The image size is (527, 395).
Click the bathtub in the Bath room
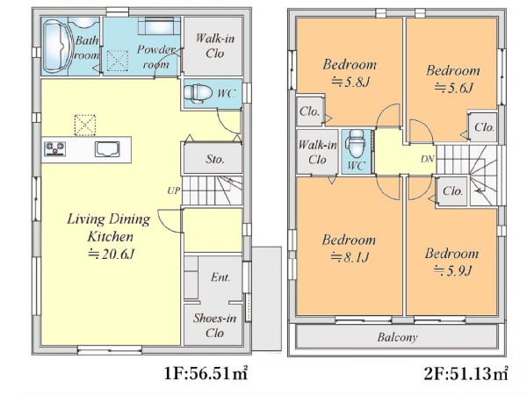(55, 46)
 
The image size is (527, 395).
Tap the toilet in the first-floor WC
(199, 93)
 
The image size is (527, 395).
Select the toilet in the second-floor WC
(357, 144)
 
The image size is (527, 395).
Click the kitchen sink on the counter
(107, 149)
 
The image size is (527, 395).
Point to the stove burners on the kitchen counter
(54, 149)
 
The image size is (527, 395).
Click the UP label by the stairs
(174, 190)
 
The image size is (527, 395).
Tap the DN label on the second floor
(427, 159)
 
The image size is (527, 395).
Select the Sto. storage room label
(215, 159)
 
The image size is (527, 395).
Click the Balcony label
(397, 337)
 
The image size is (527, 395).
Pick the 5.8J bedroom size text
(350, 82)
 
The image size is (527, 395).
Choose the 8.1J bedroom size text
(350, 257)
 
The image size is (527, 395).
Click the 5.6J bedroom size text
(453, 88)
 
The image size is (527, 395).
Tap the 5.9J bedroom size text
(452, 270)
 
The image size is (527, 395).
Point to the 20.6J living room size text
(111, 254)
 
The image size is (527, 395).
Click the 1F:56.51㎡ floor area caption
(206, 373)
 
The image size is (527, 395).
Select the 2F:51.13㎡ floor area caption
(466, 373)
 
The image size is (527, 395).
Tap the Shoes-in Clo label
(214, 325)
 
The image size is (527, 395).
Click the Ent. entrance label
(220, 277)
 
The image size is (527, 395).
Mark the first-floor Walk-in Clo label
(215, 46)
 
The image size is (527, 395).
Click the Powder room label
(156, 57)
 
